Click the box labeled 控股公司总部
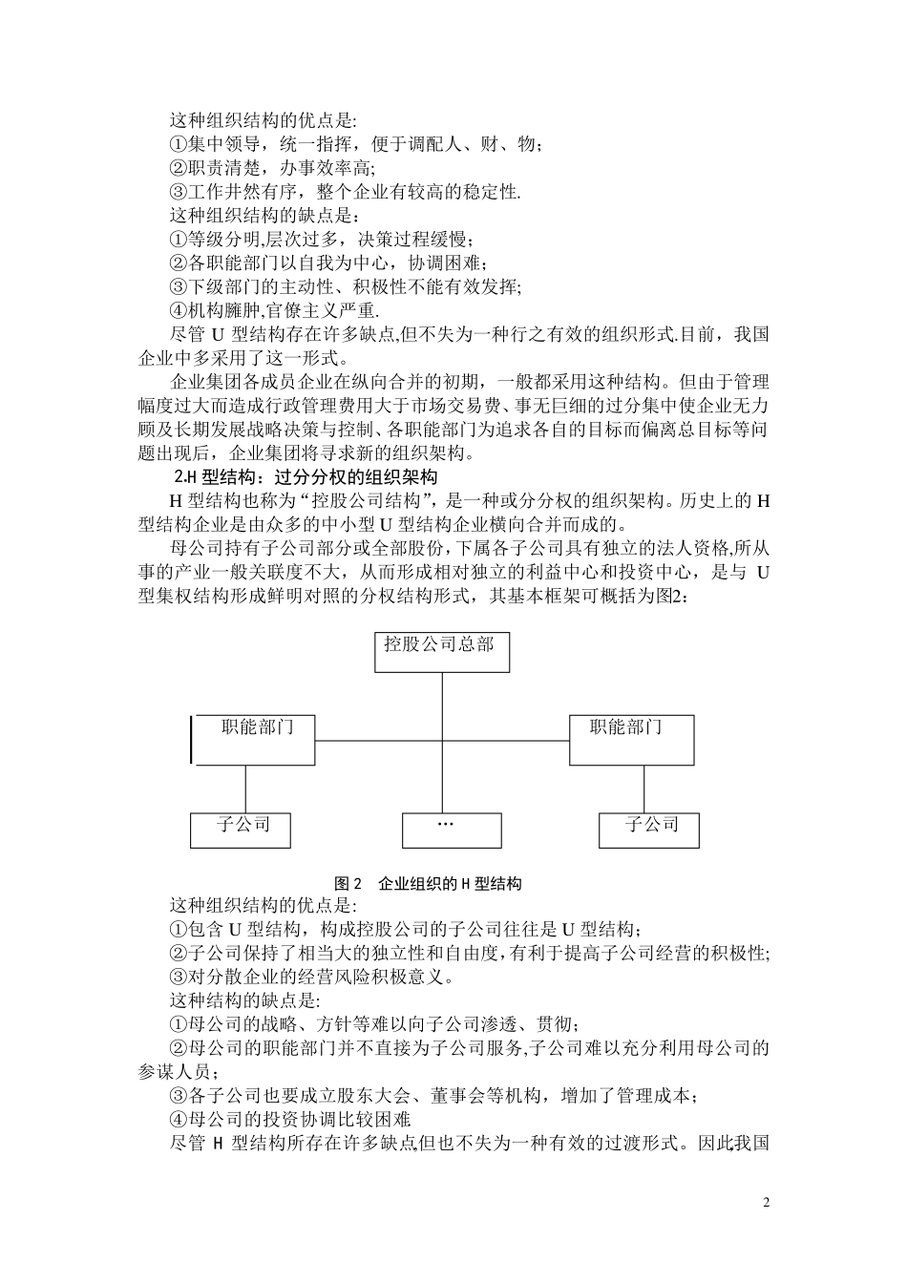click(x=441, y=652)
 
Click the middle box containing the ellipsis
click(x=452, y=830)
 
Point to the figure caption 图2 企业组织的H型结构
click(x=428, y=883)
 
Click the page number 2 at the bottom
click(x=767, y=1201)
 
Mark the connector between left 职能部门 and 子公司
click(x=245, y=789)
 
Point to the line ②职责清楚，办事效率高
click(x=272, y=168)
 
